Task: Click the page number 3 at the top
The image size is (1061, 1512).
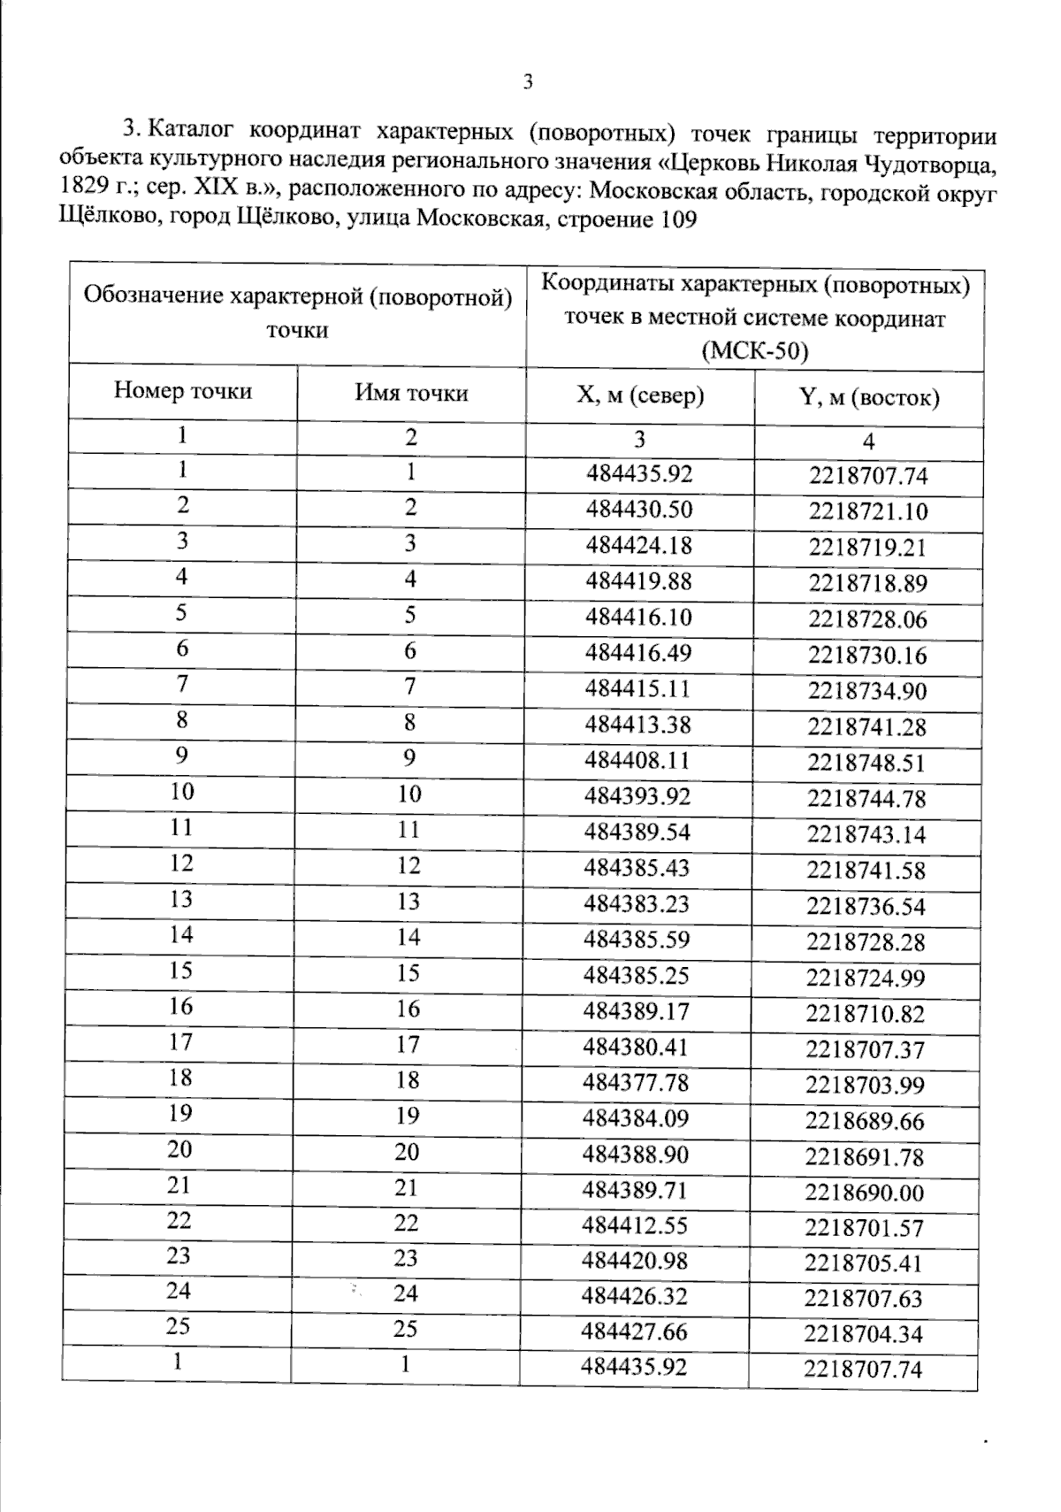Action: tap(528, 83)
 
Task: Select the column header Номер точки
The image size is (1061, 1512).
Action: tap(183, 391)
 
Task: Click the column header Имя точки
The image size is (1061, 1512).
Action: tap(411, 393)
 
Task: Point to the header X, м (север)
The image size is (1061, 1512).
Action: tap(640, 395)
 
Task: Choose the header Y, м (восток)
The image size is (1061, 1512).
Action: tap(868, 397)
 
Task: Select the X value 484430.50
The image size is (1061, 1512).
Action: tap(639, 510)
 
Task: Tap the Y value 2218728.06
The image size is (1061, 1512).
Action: tap(867, 619)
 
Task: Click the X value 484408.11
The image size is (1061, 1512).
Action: tap(637, 761)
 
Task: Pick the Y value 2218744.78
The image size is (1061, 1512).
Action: tap(866, 799)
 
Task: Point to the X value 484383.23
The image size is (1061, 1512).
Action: tap(637, 904)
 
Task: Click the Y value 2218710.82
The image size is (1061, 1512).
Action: tap(866, 1014)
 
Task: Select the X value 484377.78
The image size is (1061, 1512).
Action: tap(636, 1083)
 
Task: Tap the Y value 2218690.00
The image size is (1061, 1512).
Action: tap(865, 1193)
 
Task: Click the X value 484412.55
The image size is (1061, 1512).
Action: tap(635, 1225)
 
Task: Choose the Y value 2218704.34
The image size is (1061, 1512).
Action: tap(864, 1334)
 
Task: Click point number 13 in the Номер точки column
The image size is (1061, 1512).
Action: tap(181, 899)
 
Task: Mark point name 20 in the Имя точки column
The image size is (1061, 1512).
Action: tap(408, 1152)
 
